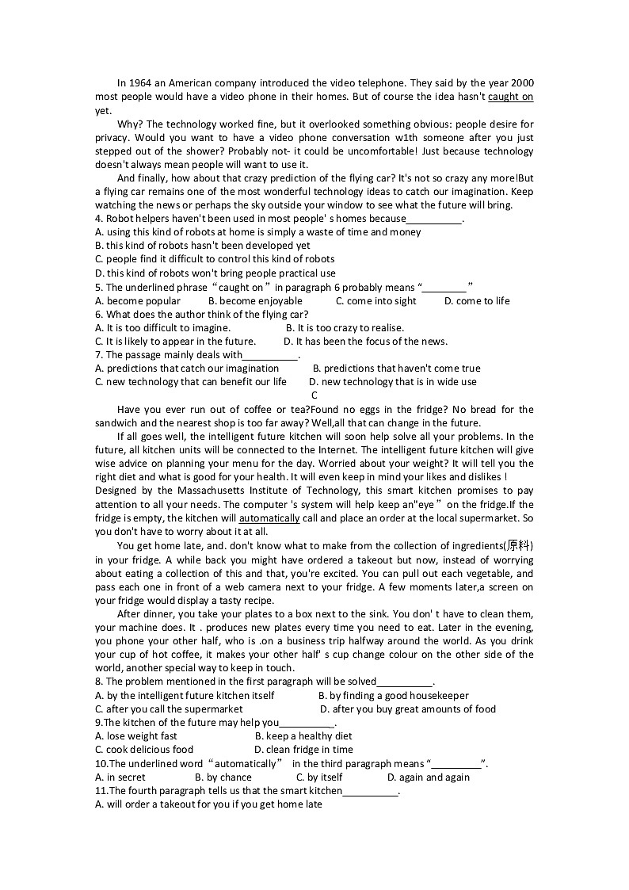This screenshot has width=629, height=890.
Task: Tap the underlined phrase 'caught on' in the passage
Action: (x=510, y=97)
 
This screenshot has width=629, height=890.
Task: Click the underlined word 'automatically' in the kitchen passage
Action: (x=269, y=518)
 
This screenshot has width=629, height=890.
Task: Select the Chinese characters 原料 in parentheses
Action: (x=519, y=546)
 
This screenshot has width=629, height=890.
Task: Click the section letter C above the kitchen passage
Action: (x=314, y=395)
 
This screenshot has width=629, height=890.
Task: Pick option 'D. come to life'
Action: (x=477, y=301)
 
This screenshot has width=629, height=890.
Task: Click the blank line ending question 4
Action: (x=433, y=219)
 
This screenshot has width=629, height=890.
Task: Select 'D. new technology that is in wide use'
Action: (x=393, y=382)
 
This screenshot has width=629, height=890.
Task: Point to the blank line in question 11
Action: (x=371, y=791)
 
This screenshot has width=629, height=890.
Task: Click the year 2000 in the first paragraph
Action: (x=521, y=82)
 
